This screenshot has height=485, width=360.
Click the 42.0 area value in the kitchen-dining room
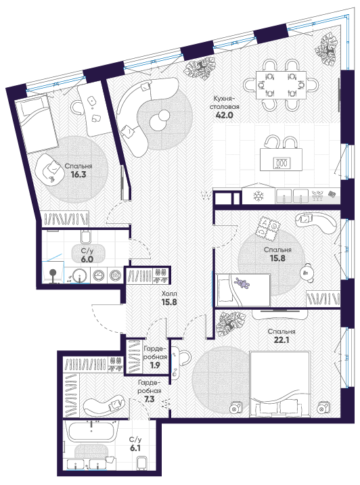(x=224, y=116)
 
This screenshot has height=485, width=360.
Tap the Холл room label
(x=169, y=294)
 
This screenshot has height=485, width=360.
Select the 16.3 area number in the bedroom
(x=78, y=175)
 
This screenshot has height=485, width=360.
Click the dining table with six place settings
(x=281, y=85)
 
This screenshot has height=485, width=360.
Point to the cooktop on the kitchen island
(x=282, y=163)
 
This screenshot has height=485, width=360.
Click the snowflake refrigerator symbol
(x=258, y=195)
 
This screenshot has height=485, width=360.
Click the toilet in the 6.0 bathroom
(x=86, y=236)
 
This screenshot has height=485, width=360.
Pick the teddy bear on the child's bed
(x=242, y=283)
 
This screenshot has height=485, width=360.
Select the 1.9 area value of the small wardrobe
(x=155, y=365)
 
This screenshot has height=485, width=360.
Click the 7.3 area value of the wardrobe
(x=149, y=399)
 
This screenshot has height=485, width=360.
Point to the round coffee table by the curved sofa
(x=159, y=120)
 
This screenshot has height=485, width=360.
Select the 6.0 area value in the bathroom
(x=87, y=259)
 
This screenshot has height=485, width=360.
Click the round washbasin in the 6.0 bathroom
(x=80, y=275)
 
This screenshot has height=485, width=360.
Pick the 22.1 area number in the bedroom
(x=281, y=340)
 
